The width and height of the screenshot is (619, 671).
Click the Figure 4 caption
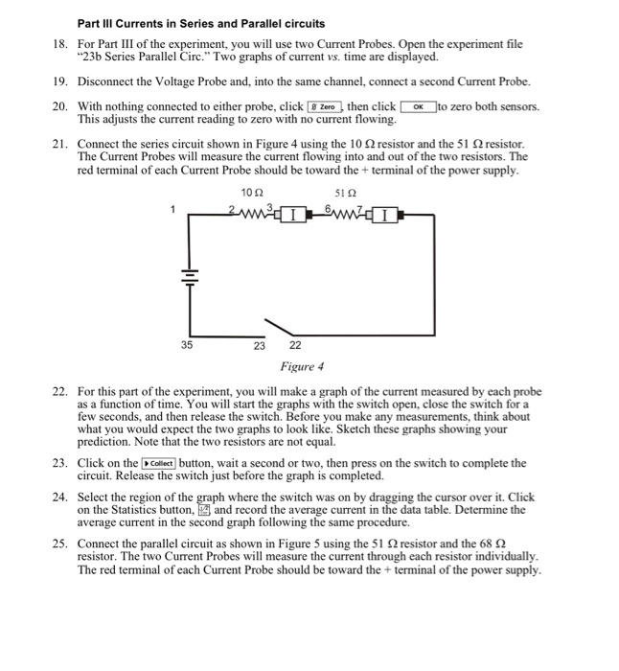point(302,366)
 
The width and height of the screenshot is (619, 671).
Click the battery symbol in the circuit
point(189,272)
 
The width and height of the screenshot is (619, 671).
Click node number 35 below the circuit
point(188,345)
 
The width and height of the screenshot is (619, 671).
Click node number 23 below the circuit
point(259,345)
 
